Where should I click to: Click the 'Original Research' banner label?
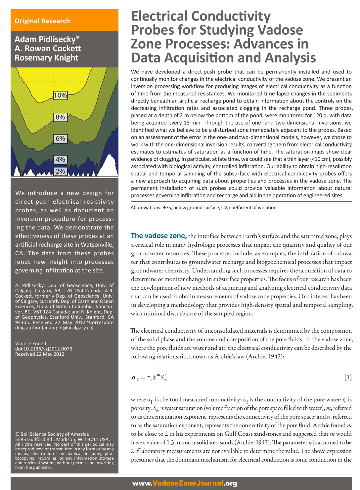point(42,21)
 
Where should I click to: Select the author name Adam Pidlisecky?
point(47,39)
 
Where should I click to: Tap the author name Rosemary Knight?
point(46,58)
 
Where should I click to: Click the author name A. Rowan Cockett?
point(48,49)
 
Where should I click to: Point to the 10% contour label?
point(60,95)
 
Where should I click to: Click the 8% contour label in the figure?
point(60,117)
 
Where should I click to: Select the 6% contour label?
point(60,138)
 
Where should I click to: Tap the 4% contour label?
point(60,159)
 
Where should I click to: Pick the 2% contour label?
point(60,171)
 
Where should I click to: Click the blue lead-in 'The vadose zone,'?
point(159,236)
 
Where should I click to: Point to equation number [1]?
point(348,377)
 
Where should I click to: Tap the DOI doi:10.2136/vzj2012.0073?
point(44,349)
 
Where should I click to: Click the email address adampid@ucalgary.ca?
point(68,328)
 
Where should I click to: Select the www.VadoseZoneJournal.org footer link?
point(185,483)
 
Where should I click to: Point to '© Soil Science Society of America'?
point(52,434)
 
